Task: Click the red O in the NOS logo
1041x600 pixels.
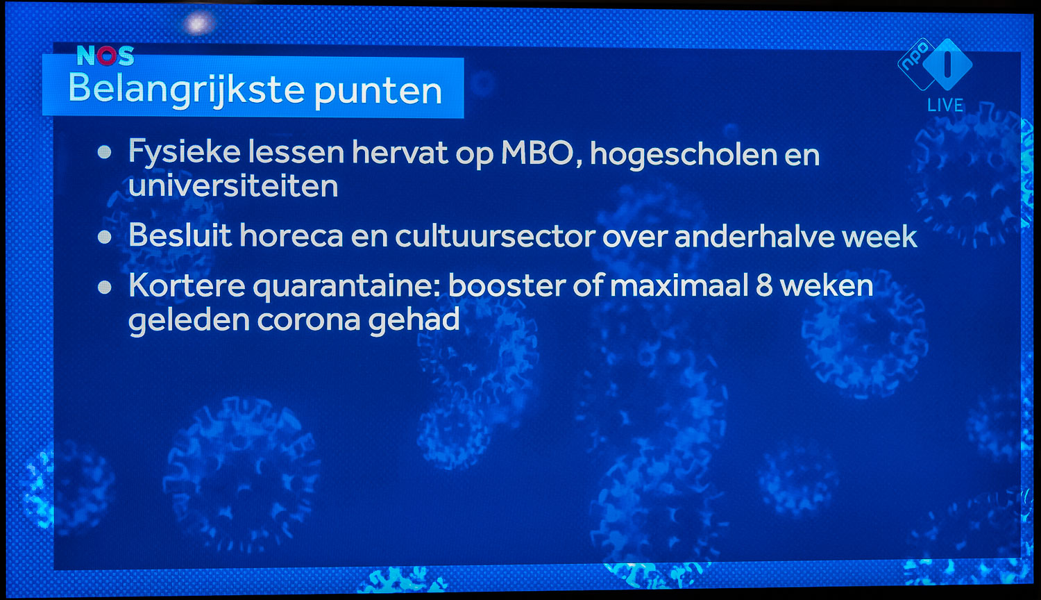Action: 106,56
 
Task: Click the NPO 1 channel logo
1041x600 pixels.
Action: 935,64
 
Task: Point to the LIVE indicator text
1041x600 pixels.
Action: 945,105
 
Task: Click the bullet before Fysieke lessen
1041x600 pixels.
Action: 105,152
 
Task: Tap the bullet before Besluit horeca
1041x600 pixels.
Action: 105,237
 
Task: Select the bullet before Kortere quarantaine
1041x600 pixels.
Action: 105,287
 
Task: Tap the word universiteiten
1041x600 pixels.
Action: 232,185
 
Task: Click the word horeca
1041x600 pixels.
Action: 291,236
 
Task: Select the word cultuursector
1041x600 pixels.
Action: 496,236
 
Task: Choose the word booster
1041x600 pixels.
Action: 507,285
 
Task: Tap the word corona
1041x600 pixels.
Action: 309,320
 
